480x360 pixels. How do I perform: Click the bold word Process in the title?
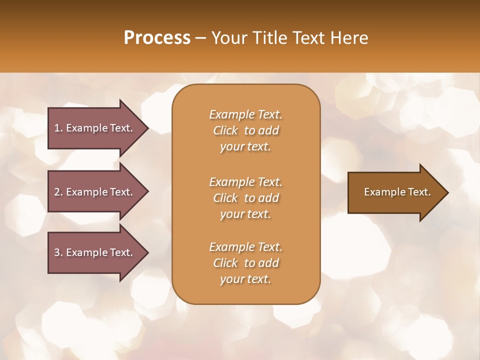157,38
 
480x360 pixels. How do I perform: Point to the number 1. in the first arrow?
58,128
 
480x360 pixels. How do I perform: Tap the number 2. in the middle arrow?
58,192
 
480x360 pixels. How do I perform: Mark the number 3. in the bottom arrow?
58,252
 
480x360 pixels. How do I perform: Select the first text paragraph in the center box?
245,130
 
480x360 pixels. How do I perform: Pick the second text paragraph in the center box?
245,197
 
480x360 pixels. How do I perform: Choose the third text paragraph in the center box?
245,263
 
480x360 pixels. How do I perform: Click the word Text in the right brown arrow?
418,192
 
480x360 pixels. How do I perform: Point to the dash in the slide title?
201,38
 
